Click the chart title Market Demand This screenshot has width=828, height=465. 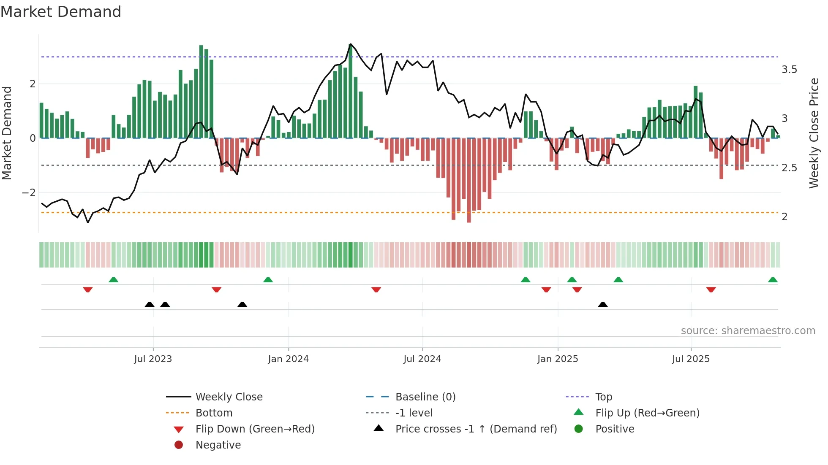click(x=61, y=12)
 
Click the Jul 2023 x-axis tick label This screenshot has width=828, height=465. click(x=153, y=359)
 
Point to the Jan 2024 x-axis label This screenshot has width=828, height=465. click(x=288, y=359)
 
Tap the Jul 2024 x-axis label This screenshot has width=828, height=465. click(x=422, y=359)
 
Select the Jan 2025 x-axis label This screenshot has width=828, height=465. click(x=558, y=359)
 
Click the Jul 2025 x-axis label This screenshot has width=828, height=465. click(x=691, y=359)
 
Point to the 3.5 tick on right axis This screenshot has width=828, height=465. click(x=789, y=70)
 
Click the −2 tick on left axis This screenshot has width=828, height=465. click(x=29, y=193)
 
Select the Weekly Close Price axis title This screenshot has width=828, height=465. click(x=814, y=133)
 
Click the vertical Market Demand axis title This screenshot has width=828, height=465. click(x=7, y=133)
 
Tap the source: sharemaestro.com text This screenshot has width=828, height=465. click(x=748, y=331)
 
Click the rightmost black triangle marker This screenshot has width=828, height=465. click(x=603, y=305)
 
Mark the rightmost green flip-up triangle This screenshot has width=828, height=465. click(x=773, y=280)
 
